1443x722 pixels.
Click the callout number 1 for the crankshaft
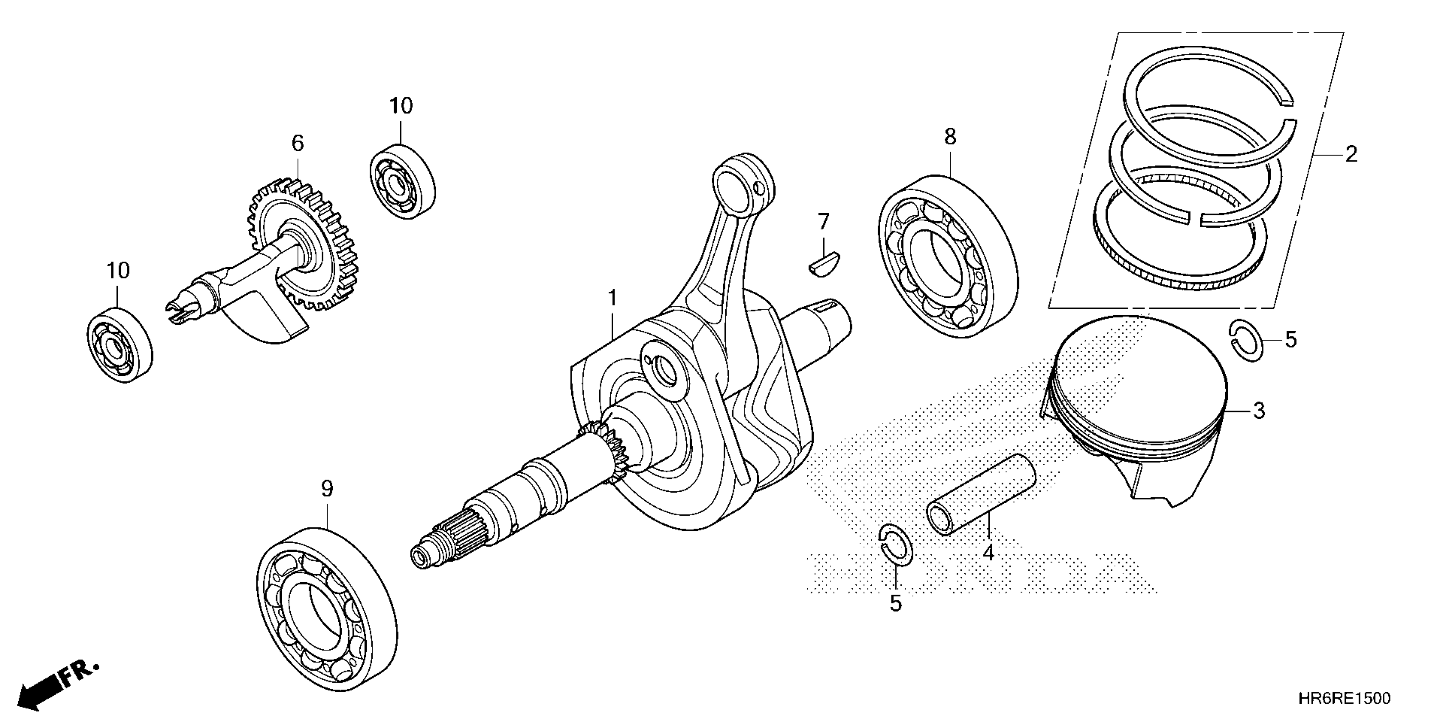click(x=613, y=298)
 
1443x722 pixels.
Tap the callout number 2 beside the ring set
click(x=1351, y=154)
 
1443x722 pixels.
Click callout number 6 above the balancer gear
click(x=298, y=144)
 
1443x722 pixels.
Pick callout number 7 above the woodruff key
click(x=823, y=222)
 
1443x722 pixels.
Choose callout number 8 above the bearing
click(x=950, y=136)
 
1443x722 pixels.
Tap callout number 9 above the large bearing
click(x=327, y=489)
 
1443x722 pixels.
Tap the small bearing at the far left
click(x=120, y=345)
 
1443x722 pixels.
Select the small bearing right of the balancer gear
click(x=403, y=182)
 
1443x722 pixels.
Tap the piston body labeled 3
click(x=1137, y=409)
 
